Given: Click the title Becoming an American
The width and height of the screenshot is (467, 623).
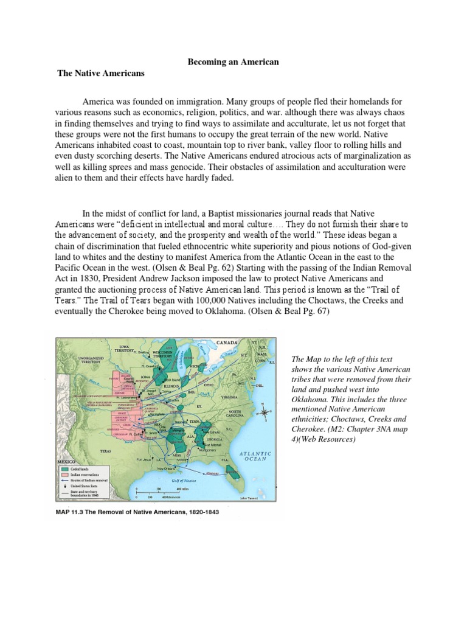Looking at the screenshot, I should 233,62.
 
